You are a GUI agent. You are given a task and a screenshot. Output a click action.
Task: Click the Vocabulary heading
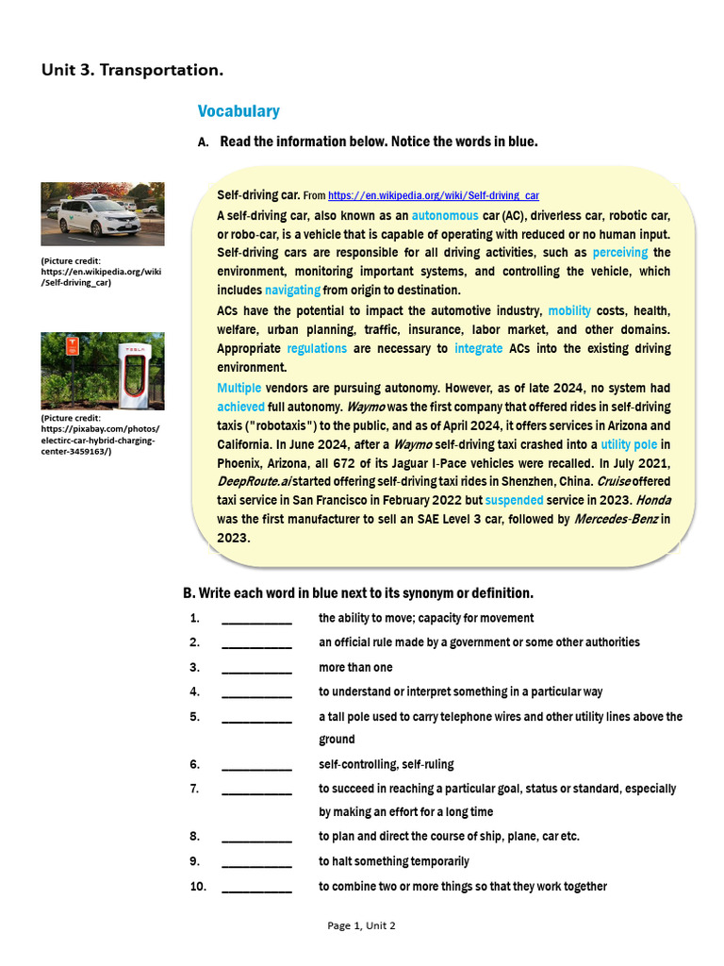(x=239, y=111)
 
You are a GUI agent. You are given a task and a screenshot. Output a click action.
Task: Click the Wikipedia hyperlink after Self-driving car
(x=434, y=195)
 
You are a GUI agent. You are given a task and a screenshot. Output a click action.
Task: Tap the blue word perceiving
(x=620, y=253)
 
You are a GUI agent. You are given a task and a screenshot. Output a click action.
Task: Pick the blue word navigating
(x=292, y=290)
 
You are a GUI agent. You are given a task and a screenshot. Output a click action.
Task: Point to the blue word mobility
(x=569, y=310)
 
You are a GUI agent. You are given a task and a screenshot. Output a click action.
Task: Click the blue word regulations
(x=317, y=348)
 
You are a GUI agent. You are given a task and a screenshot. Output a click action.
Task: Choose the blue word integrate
(x=478, y=348)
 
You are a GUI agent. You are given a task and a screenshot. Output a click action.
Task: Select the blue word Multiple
(x=239, y=388)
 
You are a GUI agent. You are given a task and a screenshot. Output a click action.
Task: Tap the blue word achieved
(x=241, y=407)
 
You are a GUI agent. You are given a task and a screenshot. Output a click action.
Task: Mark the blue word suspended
(x=516, y=500)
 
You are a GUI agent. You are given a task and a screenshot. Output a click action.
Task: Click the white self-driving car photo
(x=103, y=214)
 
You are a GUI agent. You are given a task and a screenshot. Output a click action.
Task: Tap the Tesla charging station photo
(x=103, y=371)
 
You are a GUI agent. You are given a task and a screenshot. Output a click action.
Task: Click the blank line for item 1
(x=256, y=620)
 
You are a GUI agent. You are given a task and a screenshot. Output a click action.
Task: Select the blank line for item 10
(x=256, y=888)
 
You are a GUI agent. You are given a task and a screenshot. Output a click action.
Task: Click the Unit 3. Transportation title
(x=133, y=70)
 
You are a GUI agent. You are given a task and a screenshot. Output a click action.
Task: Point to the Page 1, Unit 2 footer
(x=361, y=925)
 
